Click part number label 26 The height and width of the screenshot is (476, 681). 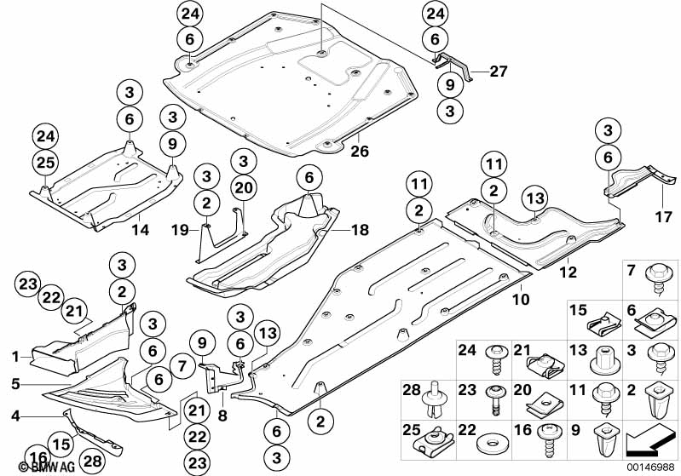click(360, 152)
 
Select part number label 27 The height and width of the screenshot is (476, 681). click(498, 72)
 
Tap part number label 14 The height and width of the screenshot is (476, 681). click(140, 230)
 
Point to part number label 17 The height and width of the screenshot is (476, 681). click(663, 216)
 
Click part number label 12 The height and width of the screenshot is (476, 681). click(568, 272)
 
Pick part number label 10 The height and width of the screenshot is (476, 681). click(521, 299)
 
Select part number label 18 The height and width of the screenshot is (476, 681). click(360, 230)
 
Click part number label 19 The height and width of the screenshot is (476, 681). click(179, 230)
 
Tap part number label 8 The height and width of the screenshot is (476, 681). click(222, 416)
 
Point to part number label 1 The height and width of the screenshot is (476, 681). click(15, 357)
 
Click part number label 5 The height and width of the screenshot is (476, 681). click(15, 384)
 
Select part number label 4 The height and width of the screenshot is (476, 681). click(15, 416)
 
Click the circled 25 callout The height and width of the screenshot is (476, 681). click(46, 163)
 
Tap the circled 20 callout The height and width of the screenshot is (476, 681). click(243, 188)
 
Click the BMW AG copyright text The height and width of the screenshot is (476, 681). click(47, 467)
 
